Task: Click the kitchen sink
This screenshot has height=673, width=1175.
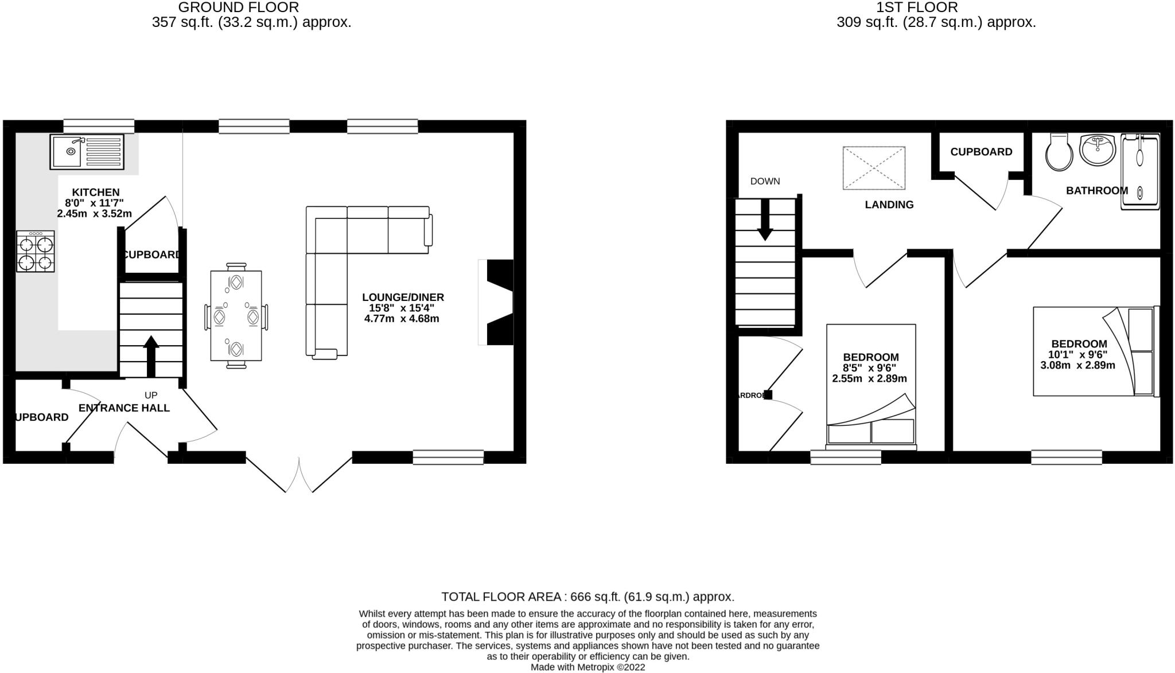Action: (87, 152)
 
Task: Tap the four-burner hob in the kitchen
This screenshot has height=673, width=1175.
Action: (36, 252)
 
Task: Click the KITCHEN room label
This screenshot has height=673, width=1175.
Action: (95, 193)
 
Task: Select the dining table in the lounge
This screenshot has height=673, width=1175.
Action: (236, 316)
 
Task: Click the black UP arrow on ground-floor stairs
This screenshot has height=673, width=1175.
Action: (151, 355)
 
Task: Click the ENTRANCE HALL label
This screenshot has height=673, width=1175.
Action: (124, 408)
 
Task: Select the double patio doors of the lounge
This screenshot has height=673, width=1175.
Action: (299, 475)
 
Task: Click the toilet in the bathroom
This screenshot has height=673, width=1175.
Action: (1059, 152)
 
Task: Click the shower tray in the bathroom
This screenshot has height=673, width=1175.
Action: (1140, 172)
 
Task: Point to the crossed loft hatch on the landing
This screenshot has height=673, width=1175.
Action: (874, 168)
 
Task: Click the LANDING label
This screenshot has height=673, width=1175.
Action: (889, 205)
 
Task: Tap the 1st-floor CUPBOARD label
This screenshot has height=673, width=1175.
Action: (981, 152)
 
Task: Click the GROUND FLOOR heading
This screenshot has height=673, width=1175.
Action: (239, 7)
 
